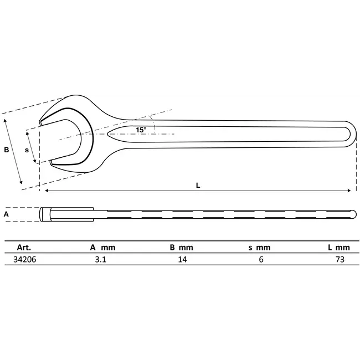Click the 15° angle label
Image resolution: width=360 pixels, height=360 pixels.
(141, 130)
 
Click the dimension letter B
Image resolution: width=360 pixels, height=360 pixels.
(7, 150)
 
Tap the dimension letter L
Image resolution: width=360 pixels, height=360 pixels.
(198, 186)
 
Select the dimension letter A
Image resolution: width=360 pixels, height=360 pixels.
(7, 213)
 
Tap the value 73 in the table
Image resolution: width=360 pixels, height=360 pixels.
(340, 259)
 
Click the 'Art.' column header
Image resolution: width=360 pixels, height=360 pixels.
(24, 248)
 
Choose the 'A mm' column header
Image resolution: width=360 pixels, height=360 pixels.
(102, 248)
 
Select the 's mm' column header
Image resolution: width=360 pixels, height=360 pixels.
(259, 248)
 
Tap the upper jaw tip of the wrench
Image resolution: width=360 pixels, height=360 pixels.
(43, 119)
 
